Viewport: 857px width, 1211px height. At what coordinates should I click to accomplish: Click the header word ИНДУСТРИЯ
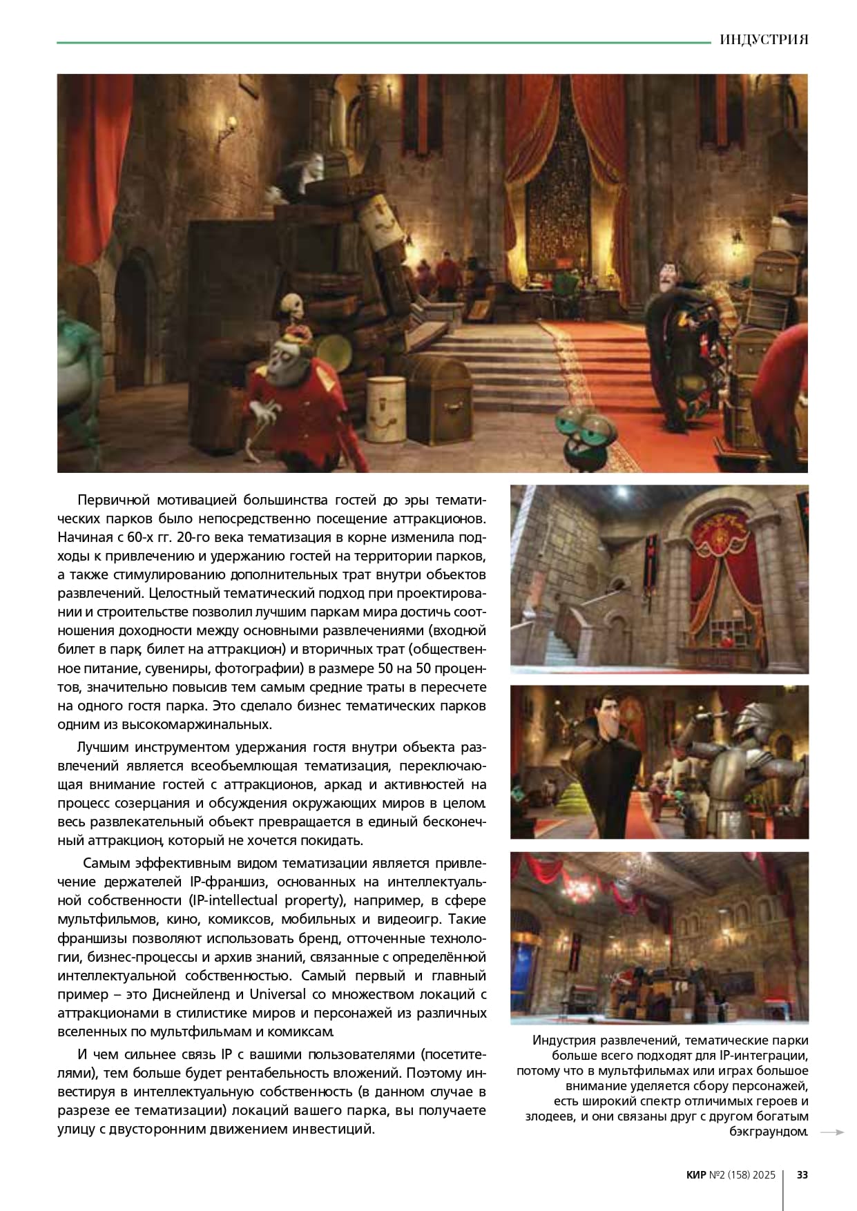[763, 39]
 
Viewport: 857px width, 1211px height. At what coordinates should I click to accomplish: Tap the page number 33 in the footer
[802, 1174]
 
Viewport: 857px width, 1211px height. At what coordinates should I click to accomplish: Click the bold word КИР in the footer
[696, 1174]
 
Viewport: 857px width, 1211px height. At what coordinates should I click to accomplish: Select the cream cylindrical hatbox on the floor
[385, 410]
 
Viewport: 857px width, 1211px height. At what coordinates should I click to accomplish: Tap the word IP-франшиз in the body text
[224, 882]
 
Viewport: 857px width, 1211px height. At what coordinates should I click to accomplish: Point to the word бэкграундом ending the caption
[767, 1132]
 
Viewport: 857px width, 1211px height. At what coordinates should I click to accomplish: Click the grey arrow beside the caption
[836, 1132]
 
